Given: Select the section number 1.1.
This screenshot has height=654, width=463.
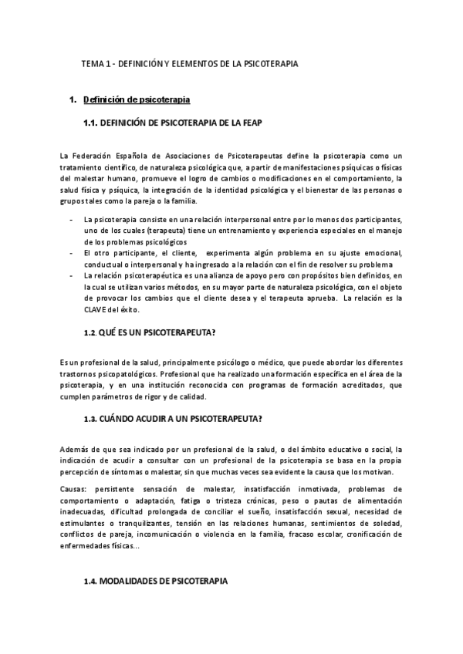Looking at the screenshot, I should click(x=90, y=122).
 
